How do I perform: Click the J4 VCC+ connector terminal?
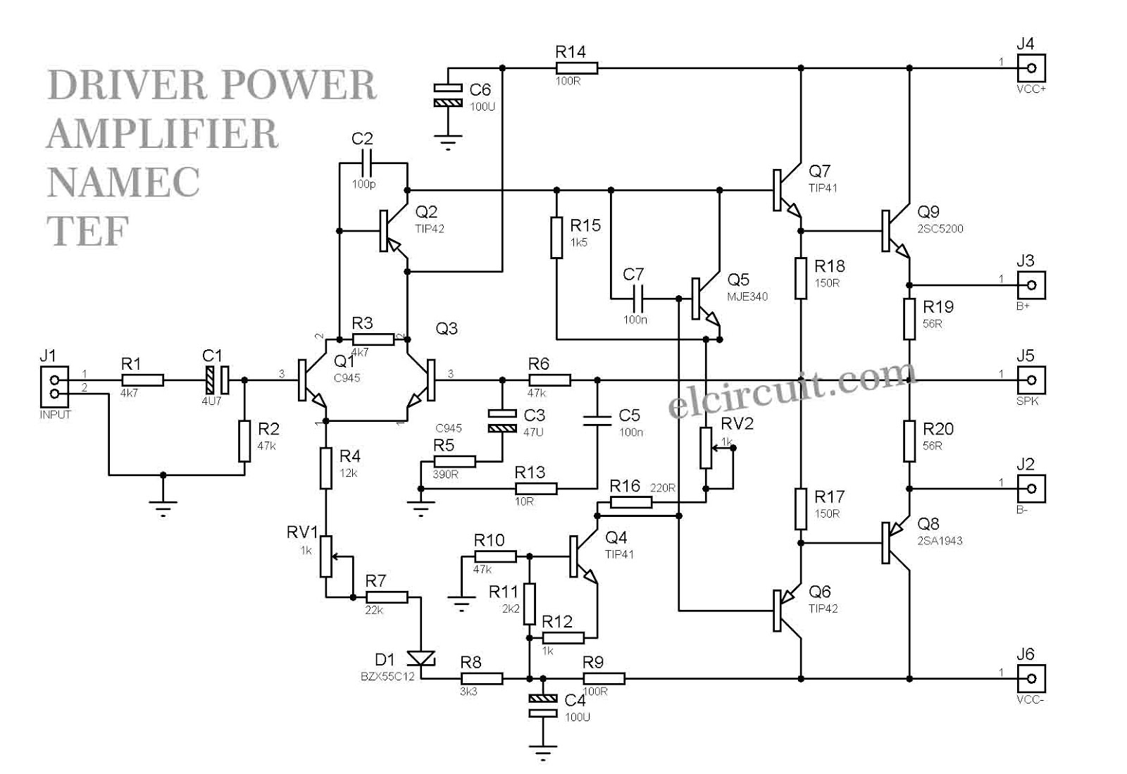point(1031,68)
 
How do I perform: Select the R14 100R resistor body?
point(577,68)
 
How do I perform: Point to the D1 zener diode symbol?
point(423,658)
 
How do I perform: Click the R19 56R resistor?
point(910,319)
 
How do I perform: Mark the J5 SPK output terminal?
point(1031,380)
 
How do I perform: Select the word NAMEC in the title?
point(124,182)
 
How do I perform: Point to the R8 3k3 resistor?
point(482,679)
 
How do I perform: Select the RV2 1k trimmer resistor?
point(706,447)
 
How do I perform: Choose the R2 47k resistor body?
point(244,442)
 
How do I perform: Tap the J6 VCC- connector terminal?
point(1031,679)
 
